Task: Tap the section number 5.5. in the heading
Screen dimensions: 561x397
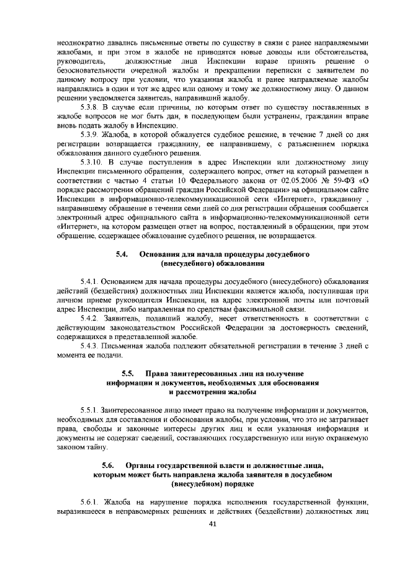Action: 128,374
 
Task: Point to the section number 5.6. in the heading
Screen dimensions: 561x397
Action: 109,464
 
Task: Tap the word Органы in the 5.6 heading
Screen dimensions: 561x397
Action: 140,464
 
